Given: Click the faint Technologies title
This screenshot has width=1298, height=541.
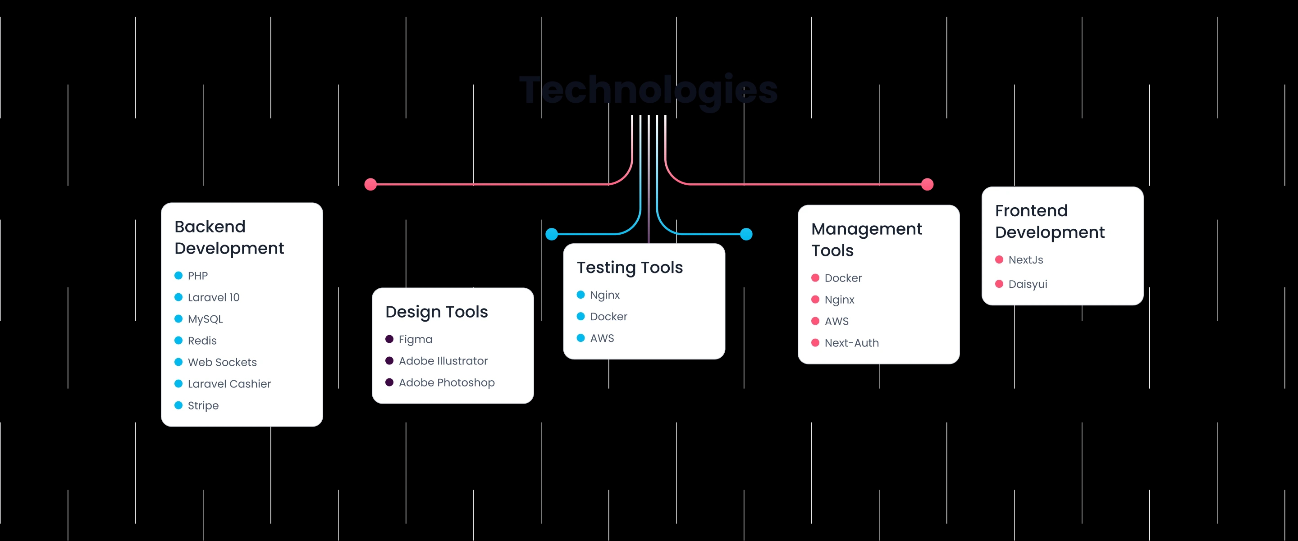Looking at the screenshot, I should pos(649,90).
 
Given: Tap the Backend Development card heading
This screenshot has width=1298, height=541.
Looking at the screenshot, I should pos(229,237).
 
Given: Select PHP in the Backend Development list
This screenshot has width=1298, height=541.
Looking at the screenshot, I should pos(197,276).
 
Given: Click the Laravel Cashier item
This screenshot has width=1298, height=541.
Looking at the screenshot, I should pos(229,384).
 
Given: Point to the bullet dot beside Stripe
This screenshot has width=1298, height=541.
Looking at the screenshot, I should pos(178,405).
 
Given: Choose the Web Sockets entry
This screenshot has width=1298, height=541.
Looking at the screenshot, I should pos(222,362).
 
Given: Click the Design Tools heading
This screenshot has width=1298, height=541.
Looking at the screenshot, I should pos(436,312).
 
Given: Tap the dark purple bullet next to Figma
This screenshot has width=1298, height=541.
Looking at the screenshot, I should pos(389,339).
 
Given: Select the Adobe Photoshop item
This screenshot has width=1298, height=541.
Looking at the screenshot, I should pos(447,382).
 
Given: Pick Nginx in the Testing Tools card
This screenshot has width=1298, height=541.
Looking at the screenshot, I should pos(605,295).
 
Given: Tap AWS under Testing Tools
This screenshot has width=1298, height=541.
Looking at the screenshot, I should pos(602,338).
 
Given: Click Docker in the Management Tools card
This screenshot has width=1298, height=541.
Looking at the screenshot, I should pos(843,278).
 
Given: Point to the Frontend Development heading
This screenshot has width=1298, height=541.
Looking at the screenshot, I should pos(1050,221).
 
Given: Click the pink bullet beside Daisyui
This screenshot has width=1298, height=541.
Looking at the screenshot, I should pos(999,284).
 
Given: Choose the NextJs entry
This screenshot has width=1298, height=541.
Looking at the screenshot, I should pos(1025,260).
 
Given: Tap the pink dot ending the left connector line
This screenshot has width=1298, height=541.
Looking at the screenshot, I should pos(370,184).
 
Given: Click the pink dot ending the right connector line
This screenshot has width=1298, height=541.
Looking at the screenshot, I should pos(927,184).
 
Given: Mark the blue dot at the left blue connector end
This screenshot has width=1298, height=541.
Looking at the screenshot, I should pos(552,234).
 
